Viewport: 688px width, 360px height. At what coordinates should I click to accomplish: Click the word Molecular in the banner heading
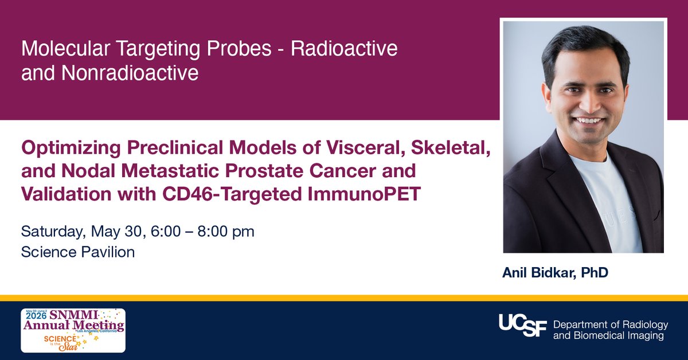65,49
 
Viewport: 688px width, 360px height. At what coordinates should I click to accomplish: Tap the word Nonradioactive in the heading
130,73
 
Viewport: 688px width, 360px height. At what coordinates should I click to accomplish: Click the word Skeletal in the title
450,147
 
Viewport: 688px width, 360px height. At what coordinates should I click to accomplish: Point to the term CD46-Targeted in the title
231,194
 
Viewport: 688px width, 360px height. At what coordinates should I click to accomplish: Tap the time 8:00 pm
226,232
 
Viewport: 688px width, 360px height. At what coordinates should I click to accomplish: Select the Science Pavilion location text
78,252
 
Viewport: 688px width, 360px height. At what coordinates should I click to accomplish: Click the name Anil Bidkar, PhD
555,272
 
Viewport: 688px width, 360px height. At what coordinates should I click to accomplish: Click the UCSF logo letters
523,325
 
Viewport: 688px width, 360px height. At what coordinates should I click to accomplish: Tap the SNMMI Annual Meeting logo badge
73,331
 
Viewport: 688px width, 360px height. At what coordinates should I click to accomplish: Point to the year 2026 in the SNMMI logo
36,315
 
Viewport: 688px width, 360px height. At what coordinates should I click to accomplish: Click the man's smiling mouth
589,120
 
